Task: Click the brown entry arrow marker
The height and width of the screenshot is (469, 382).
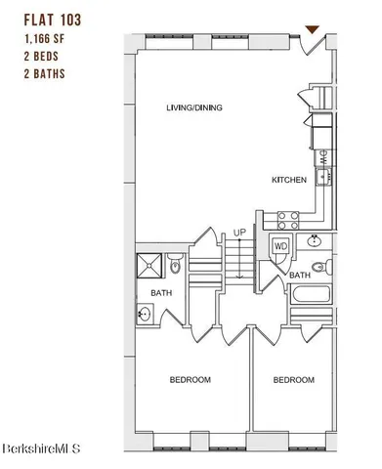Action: pos(312,30)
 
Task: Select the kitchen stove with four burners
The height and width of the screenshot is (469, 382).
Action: pos(287,218)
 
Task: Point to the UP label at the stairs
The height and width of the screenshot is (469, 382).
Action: pos(237,232)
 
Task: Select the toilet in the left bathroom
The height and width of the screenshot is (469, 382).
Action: pos(175,264)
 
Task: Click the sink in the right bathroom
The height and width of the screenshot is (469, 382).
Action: pos(316,241)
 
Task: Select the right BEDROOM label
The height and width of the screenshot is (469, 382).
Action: pos(293,379)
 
